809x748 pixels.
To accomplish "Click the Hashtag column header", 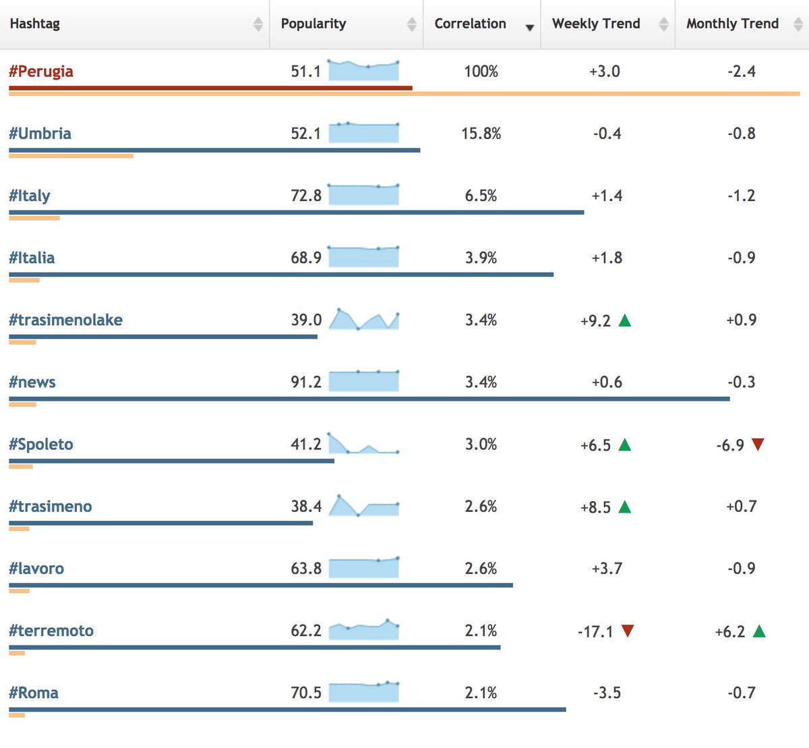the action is [x=34, y=24].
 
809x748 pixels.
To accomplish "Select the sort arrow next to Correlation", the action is [x=529, y=28].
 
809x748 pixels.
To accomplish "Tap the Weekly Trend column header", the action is [x=596, y=24].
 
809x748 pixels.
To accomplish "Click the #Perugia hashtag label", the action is [x=41, y=71].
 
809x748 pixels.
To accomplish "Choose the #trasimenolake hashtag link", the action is [x=65, y=320].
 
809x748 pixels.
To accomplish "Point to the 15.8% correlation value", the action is [x=481, y=134].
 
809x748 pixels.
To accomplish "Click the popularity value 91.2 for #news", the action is [x=306, y=382].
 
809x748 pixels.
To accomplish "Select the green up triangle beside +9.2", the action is [x=624, y=321].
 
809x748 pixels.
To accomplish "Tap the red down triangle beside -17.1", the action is [x=628, y=631].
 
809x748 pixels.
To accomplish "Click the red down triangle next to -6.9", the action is [x=758, y=444].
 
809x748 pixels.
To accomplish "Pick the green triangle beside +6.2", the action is [x=759, y=631].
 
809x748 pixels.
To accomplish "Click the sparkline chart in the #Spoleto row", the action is [x=363, y=443].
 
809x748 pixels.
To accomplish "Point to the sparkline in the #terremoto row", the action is [x=363, y=629].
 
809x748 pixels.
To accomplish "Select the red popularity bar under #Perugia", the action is [x=210, y=88].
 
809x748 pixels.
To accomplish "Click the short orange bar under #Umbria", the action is [x=71, y=156].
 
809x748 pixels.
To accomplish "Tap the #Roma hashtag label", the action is [x=34, y=693].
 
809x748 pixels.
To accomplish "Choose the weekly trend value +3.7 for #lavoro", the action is [x=607, y=569].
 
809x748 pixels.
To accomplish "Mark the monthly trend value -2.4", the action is [x=742, y=71].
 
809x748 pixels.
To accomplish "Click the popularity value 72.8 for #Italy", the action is [x=306, y=196].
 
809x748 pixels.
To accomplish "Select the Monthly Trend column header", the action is [x=732, y=24].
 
